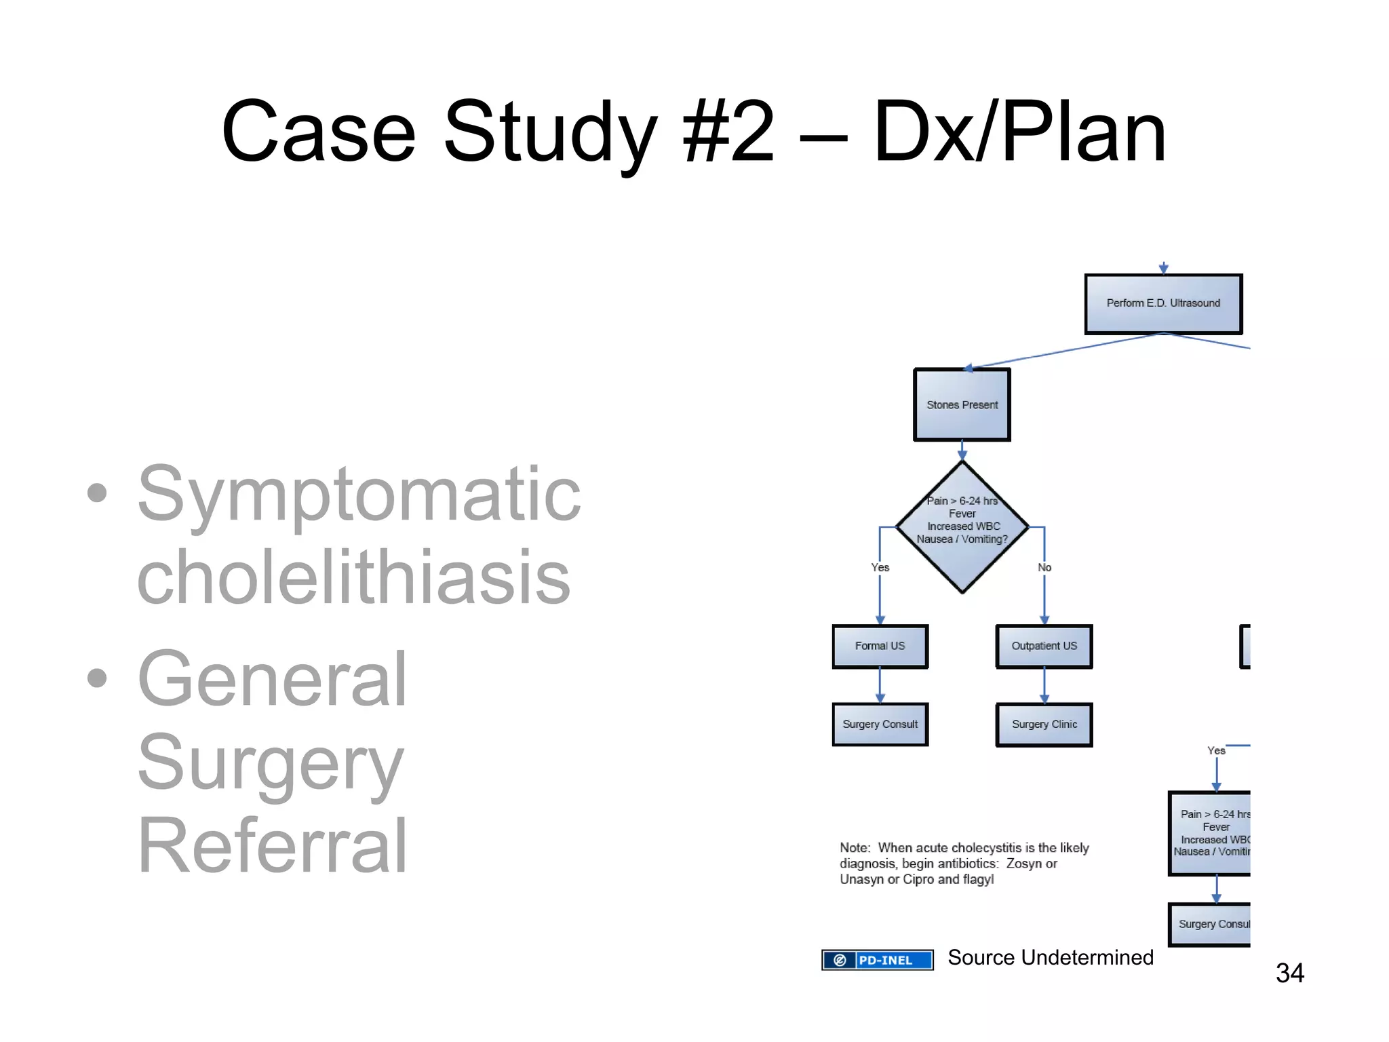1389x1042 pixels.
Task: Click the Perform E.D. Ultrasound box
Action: click(x=1162, y=303)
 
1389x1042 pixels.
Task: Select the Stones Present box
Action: click(x=962, y=405)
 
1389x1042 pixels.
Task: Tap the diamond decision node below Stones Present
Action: click(x=962, y=526)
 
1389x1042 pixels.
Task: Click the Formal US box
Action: click(x=880, y=646)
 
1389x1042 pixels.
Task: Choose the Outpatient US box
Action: click(x=1044, y=646)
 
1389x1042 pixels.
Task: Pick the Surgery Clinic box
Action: click(x=1044, y=725)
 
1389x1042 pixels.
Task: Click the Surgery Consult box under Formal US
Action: click(x=880, y=725)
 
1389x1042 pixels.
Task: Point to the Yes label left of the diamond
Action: click(x=880, y=567)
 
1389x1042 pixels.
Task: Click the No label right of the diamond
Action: click(x=1044, y=567)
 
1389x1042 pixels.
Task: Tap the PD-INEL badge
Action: click(x=877, y=960)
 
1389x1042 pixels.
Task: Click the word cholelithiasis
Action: click(x=353, y=578)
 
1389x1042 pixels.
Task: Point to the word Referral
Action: click(x=272, y=846)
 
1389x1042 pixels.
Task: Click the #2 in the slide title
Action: click(x=728, y=132)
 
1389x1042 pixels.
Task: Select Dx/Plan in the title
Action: click(x=1019, y=132)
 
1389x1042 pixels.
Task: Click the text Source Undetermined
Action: click(x=1050, y=957)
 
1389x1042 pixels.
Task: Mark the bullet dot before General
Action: click(x=98, y=677)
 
